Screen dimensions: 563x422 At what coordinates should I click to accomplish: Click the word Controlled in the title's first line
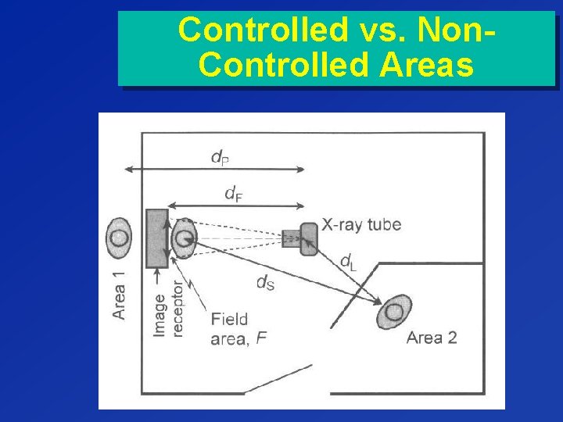click(251, 30)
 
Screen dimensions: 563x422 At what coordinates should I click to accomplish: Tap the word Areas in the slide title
click(426, 65)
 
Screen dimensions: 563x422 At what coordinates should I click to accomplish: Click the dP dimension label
click(220, 157)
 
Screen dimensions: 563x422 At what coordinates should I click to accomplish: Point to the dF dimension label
click(232, 192)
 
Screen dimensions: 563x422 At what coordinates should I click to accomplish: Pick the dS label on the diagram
click(266, 283)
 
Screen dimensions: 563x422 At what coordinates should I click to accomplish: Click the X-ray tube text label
click(361, 225)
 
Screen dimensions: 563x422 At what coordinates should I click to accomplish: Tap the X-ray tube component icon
click(301, 238)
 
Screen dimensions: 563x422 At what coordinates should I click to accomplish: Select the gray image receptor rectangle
click(156, 238)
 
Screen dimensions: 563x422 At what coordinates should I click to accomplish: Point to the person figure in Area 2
click(394, 312)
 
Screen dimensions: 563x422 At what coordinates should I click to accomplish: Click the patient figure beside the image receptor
click(184, 238)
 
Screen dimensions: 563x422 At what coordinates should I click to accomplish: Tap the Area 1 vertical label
click(119, 295)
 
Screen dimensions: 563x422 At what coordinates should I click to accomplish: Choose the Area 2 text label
click(431, 338)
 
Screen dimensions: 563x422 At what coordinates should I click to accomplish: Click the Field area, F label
click(231, 329)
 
